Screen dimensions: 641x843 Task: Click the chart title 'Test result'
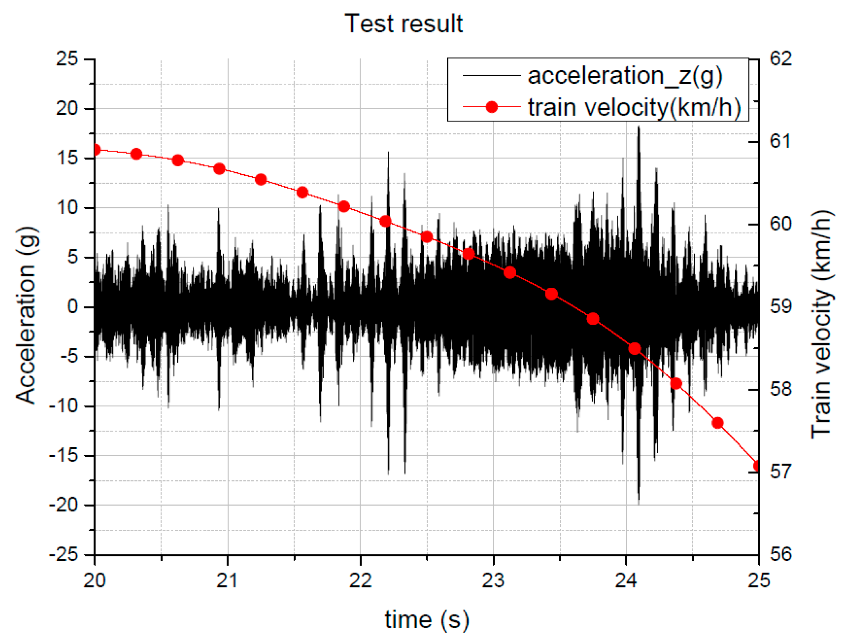tap(403, 24)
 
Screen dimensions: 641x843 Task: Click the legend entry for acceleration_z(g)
tap(625, 75)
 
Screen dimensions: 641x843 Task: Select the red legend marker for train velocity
tap(491, 107)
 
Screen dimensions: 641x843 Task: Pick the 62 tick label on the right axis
tap(780, 59)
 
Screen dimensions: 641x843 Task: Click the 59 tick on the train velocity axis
tap(780, 306)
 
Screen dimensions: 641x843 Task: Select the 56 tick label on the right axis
tap(780, 554)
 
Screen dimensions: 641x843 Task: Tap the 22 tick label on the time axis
tap(360, 581)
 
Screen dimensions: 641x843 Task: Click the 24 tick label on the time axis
tap(626, 581)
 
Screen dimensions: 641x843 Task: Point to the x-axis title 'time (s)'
tap(427, 620)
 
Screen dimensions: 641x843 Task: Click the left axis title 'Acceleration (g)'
tap(27, 316)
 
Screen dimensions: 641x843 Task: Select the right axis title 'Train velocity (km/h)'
tap(821, 323)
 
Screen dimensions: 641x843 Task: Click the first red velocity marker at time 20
tap(96, 150)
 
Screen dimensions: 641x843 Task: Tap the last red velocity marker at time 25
tap(757, 466)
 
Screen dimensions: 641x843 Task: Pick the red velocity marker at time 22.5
tap(427, 237)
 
